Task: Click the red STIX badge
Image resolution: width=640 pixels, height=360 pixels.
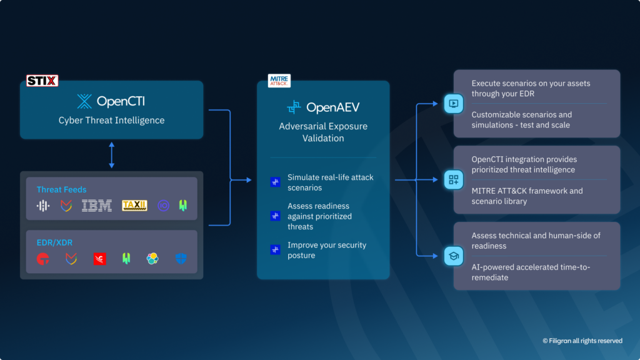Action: [x=42, y=81]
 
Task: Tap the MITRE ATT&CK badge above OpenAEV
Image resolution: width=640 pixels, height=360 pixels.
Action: [x=279, y=81]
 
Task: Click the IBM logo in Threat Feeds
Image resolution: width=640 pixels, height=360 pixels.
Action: [x=97, y=205]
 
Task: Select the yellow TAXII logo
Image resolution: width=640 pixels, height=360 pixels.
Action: [x=134, y=205]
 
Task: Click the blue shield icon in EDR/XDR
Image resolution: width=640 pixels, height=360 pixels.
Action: [x=181, y=258]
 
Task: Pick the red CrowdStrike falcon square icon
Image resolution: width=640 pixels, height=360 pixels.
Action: [x=99, y=258]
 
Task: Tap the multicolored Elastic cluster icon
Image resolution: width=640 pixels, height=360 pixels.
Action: [x=152, y=258]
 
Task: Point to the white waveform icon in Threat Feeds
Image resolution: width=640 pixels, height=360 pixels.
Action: [x=43, y=205]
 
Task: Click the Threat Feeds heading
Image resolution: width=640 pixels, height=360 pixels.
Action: [x=61, y=189]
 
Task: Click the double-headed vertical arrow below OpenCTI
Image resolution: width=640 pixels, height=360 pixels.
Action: [x=112, y=155]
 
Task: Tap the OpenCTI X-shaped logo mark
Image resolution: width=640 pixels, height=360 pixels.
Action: [x=84, y=101]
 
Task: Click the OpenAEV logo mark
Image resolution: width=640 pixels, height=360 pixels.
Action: [x=294, y=107]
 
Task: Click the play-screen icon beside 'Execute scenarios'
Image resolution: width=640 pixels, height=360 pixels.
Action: [x=453, y=104]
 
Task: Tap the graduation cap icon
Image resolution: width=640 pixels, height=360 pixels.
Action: [x=453, y=256]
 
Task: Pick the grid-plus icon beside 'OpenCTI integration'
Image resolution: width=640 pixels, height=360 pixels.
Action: [x=453, y=180]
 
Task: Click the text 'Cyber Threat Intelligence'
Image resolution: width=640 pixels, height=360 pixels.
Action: [x=112, y=120]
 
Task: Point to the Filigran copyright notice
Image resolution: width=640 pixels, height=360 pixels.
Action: [x=582, y=341]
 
